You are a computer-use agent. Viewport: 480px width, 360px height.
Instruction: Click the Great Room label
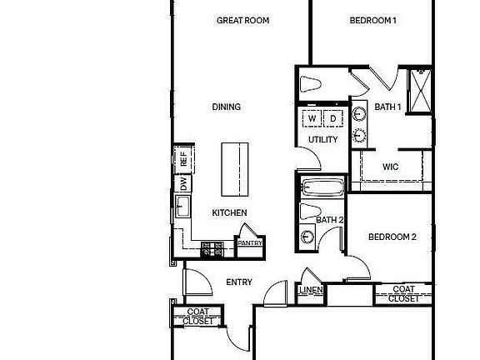pyautogui.click(x=242, y=20)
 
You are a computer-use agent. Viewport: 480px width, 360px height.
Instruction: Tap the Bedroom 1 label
pyautogui.click(x=371, y=20)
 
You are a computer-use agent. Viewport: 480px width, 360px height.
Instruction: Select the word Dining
pyautogui.click(x=226, y=107)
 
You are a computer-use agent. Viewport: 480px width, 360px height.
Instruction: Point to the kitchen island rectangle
pyautogui.click(x=235, y=167)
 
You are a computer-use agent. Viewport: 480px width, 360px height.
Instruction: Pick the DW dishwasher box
pyautogui.click(x=182, y=184)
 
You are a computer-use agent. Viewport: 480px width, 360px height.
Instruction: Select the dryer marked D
pyautogui.click(x=332, y=119)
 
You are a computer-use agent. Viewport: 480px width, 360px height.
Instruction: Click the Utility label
pyautogui.click(x=322, y=139)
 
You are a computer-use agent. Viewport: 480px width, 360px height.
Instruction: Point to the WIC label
pyautogui.click(x=390, y=167)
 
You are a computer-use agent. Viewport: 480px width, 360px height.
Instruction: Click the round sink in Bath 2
pyautogui.click(x=308, y=236)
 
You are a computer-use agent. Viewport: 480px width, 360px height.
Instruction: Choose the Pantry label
pyautogui.click(x=250, y=243)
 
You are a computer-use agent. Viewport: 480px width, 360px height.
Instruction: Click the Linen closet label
pyautogui.click(x=310, y=290)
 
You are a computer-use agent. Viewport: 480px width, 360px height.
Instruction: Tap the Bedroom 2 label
pyautogui.click(x=392, y=237)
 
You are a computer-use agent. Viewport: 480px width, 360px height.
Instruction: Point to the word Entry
pyautogui.click(x=239, y=282)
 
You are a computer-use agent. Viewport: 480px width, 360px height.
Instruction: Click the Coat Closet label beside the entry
pyautogui.click(x=197, y=316)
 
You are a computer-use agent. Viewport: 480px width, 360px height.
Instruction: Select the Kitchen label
pyautogui.click(x=229, y=212)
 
